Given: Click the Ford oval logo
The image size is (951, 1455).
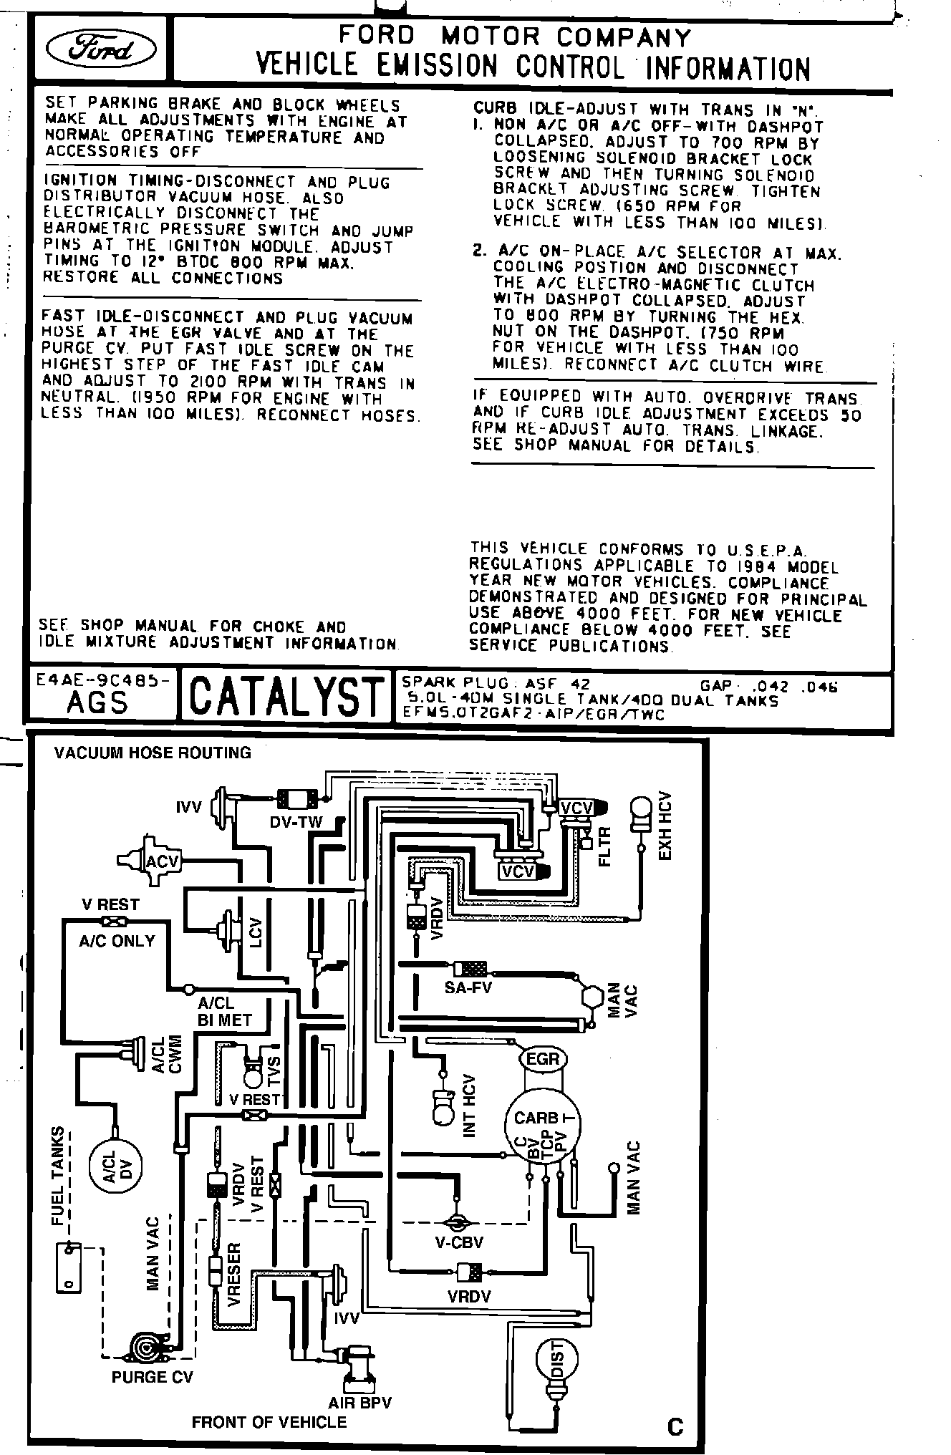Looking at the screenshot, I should (101, 49).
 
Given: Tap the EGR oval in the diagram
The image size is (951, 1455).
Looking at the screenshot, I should (542, 1058).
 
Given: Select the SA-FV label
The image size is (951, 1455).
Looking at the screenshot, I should (468, 987).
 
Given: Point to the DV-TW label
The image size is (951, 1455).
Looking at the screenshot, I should (296, 822).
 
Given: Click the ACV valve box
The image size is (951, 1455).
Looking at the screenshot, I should (162, 861).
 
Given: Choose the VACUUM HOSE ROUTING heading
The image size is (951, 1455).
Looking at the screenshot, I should (153, 753).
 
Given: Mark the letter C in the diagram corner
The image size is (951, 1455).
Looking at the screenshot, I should (675, 1428).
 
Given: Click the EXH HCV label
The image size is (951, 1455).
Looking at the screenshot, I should (665, 826).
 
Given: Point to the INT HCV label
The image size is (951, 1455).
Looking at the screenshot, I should (470, 1106).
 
